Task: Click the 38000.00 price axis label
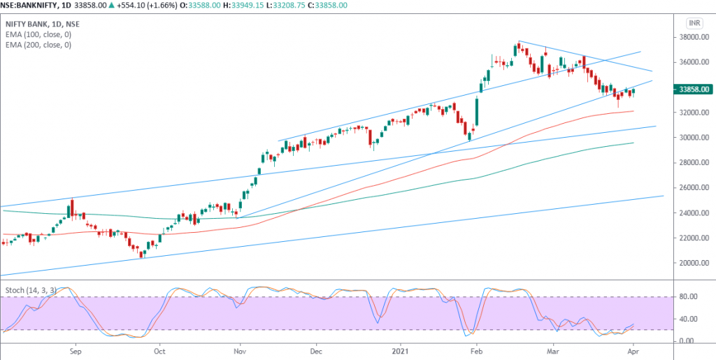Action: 691,37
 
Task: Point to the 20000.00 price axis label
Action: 691,264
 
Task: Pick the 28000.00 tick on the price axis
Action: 691,163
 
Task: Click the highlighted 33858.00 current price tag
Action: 692,89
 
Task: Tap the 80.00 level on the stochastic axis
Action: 687,297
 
